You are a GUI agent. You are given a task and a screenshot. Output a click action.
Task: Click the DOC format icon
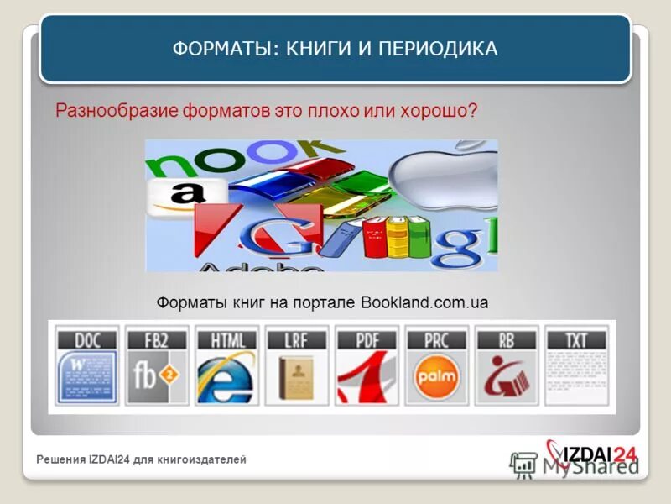click(87, 367)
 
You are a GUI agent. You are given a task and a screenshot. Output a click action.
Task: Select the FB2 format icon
click(157, 367)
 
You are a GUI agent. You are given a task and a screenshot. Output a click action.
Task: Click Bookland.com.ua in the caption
click(424, 302)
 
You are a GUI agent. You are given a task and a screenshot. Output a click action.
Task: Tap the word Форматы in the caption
click(185, 302)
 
